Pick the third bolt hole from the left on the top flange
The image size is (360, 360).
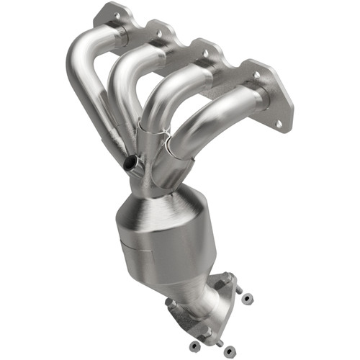(x=204, y=53)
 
